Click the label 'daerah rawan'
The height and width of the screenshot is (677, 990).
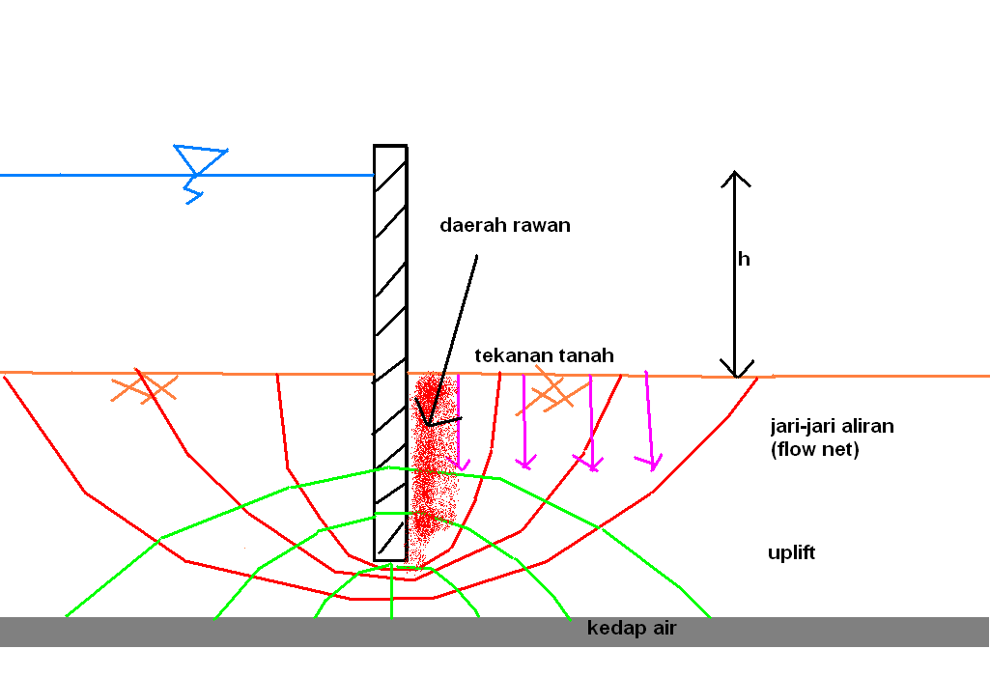[505, 226]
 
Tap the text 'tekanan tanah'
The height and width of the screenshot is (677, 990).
[544, 355]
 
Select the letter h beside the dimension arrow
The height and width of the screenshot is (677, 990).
[743, 259]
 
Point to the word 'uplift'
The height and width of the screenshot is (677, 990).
[791, 553]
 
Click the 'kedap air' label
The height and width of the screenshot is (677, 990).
[632, 629]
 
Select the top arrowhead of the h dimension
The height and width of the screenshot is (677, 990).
[735, 178]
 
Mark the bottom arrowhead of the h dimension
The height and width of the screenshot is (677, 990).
[736, 370]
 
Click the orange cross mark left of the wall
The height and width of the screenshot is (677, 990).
[146, 388]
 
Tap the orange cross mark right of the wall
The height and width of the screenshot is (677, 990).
[552, 390]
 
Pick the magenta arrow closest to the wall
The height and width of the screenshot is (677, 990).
[460, 421]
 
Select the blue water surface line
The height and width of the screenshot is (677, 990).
[97, 175]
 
